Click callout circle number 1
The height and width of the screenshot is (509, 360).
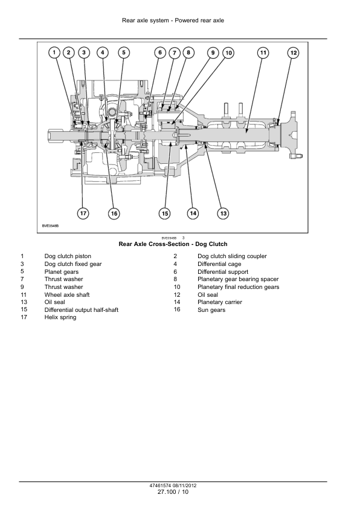[x=54, y=53]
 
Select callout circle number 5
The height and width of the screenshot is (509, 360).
[x=124, y=53]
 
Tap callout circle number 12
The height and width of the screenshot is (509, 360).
[x=293, y=53]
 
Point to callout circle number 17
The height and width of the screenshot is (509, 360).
[x=83, y=213]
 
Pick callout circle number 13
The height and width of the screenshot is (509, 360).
[x=223, y=213]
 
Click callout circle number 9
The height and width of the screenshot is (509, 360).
[x=213, y=53]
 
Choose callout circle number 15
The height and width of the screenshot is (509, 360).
[x=165, y=213]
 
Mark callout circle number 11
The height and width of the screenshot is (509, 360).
[x=263, y=53]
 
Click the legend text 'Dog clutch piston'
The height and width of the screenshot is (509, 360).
[x=68, y=256]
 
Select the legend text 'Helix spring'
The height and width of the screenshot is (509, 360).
[x=60, y=317]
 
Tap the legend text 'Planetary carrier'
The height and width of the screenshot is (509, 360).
[x=220, y=302]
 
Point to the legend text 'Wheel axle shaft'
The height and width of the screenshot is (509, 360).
[x=67, y=294]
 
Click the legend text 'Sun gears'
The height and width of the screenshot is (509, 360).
[x=211, y=310]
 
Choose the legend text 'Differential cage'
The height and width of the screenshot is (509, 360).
[x=219, y=264]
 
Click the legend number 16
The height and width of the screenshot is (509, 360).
[x=177, y=310]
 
